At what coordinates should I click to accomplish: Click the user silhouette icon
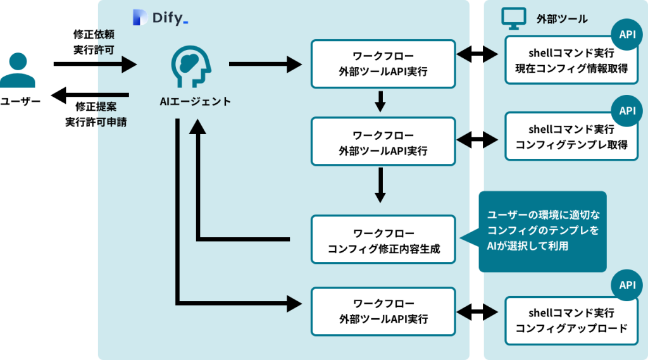tap(18, 70)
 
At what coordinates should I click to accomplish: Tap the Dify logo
tap(161, 18)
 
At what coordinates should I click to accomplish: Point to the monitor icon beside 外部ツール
tap(513, 18)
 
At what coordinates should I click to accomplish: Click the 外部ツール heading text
tap(561, 19)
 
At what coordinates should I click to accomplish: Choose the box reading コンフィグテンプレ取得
tap(571, 137)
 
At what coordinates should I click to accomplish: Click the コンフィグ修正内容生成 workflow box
tap(383, 240)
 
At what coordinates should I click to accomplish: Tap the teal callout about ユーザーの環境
tap(542, 231)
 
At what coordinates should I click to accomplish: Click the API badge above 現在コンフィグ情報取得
tap(627, 35)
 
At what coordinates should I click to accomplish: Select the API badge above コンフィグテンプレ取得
tap(627, 111)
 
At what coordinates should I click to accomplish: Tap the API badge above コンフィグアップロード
tap(627, 285)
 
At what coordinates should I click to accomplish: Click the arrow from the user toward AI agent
tap(120, 64)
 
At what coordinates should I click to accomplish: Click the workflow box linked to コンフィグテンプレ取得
tap(383, 142)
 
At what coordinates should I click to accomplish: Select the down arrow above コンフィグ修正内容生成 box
tap(380, 185)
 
